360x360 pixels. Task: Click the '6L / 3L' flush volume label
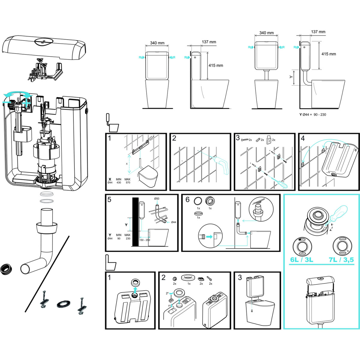[301, 260]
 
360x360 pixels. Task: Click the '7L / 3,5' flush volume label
[341, 260]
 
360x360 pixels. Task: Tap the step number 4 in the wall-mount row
[303, 138]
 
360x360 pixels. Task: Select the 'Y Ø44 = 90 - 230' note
[313, 115]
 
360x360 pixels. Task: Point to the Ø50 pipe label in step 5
[157, 199]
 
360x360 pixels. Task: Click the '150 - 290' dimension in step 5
[145, 240]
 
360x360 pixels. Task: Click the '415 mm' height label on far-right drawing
[328, 54]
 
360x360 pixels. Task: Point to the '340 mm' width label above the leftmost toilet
[157, 43]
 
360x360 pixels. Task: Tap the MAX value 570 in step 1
[128, 182]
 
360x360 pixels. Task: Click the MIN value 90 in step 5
[118, 238]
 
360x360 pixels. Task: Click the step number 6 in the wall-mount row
[187, 199]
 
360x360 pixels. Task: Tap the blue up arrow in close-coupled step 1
[135, 290]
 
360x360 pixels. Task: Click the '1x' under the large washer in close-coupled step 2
[189, 283]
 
